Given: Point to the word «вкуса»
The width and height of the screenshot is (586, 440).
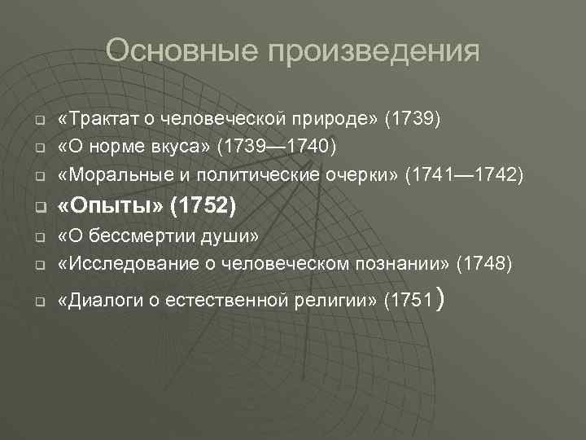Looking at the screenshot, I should [x=185, y=147].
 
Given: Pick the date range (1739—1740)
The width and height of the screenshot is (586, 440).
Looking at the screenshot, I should [x=276, y=147].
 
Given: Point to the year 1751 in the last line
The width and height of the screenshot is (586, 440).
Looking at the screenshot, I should [x=412, y=301].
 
